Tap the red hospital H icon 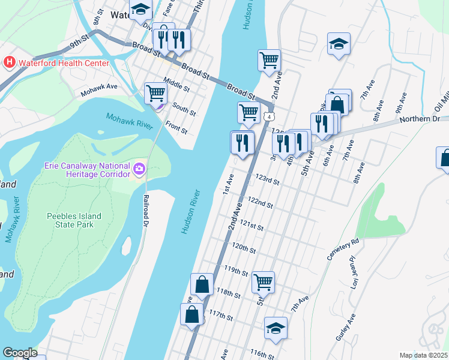pyautogui.click(x=10, y=62)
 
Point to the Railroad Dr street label pyautogui.click(x=146, y=209)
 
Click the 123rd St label pyautogui.click(x=268, y=180)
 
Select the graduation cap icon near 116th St pyautogui.click(x=276, y=328)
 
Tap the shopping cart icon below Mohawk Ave pyautogui.click(x=155, y=93)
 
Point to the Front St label pyautogui.click(x=176, y=127)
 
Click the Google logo pyautogui.click(x=20, y=353)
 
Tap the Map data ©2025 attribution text pyautogui.click(x=423, y=355)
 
